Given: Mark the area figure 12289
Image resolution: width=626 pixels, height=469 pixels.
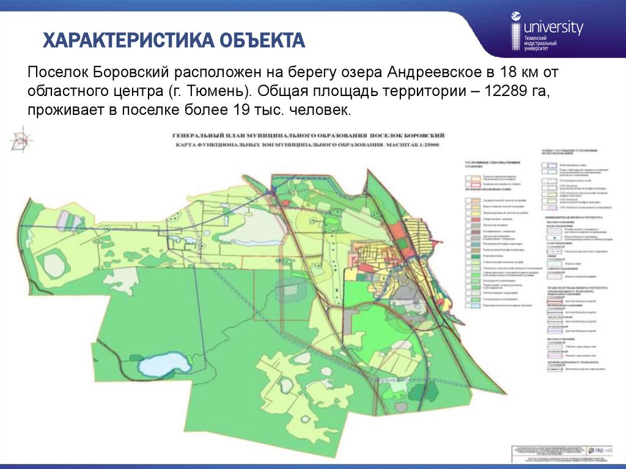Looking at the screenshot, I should coord(504,92).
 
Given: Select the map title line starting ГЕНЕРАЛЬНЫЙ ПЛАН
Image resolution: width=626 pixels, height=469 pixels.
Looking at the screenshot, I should coord(308,135).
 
